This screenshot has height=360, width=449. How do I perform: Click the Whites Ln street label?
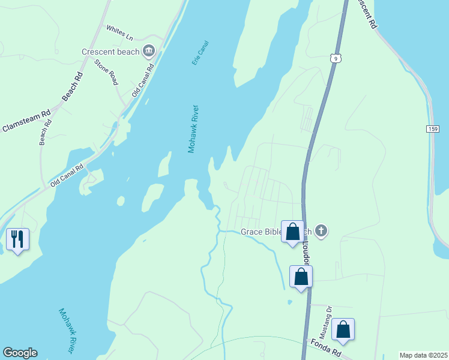tap(119, 32)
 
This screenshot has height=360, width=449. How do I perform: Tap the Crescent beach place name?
tap(110, 52)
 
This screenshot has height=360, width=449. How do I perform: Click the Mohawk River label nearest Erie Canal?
tap(193, 129)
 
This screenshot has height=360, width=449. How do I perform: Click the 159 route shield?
tap(433, 129)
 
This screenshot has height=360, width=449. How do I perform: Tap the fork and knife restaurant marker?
tap(17, 239)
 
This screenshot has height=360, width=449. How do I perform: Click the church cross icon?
tap(322, 230)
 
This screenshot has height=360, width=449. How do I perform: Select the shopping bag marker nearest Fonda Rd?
tap(343, 329)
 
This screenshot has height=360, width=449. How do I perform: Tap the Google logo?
tap(20, 353)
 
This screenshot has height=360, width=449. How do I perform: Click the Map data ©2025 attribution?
tap(423, 355)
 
